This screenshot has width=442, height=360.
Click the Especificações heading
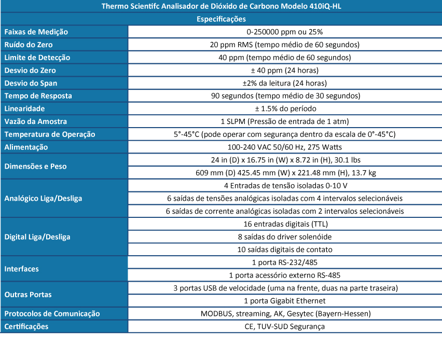tap(221, 19)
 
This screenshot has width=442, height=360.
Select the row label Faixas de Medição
tap(36, 32)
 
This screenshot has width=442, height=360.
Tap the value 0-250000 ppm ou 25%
tap(284, 32)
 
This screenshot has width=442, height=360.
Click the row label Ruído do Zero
tap(32, 45)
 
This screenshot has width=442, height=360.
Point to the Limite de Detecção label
tap(37, 58)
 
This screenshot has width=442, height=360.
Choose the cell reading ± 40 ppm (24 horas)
tap(284, 71)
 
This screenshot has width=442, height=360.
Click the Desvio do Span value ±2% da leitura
tap(284, 83)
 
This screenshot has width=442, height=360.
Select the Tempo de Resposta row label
tap(38, 96)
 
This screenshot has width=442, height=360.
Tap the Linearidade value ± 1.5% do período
tap(284, 109)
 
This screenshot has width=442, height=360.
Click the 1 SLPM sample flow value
tap(284, 121)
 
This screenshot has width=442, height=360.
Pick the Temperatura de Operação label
tap(50, 134)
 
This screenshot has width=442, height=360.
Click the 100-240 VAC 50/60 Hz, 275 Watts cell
tap(284, 147)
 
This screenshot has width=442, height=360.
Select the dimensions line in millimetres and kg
tap(284, 173)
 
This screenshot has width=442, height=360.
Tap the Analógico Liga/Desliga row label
tap(43, 198)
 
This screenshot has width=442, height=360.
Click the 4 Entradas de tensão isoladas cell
tap(284, 186)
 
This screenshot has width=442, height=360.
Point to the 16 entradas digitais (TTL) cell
tap(284, 224)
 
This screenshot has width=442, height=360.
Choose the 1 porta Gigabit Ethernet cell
tap(284, 301)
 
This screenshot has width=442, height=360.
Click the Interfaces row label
tap(22, 269)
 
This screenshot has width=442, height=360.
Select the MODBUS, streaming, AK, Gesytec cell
tap(284, 314)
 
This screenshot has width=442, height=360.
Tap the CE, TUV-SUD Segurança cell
tap(284, 326)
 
